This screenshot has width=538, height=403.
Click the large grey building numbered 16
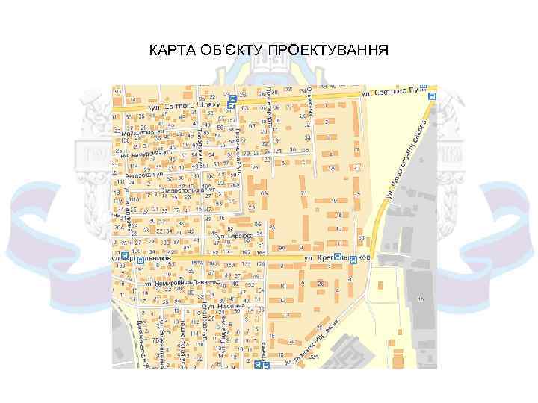[421, 299]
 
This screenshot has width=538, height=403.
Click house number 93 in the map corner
[118, 91]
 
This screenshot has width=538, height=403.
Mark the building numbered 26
[320, 284]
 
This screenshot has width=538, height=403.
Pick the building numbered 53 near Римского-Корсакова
[360, 239]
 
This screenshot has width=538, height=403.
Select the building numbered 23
[356, 168]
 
